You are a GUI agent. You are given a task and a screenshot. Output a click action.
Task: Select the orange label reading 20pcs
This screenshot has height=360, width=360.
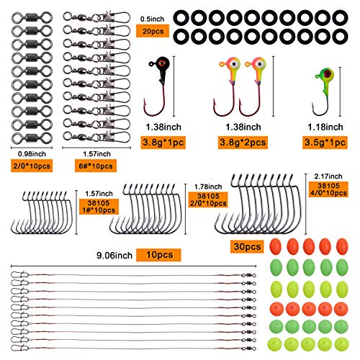point(153,31)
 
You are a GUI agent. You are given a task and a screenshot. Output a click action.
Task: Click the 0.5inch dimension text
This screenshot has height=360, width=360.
point(152,19)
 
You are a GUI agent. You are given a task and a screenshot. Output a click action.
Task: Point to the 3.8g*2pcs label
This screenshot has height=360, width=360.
point(243,143)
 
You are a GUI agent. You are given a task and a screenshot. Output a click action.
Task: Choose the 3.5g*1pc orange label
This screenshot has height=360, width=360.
point(325,143)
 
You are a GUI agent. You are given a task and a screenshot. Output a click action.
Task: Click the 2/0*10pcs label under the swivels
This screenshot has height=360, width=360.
point(32,166)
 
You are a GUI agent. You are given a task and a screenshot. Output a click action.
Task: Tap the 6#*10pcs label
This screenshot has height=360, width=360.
point(96,166)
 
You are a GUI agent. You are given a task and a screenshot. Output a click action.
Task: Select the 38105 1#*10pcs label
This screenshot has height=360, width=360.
point(99,207)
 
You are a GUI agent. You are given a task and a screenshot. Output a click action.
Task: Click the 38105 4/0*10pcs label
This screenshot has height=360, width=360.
point(328,189)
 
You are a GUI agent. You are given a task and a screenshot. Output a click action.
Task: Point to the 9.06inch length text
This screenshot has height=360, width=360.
point(114,256)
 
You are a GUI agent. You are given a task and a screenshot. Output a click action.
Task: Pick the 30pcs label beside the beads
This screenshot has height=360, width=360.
point(247,246)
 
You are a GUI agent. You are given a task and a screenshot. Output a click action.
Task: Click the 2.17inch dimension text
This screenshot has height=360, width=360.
point(328,176)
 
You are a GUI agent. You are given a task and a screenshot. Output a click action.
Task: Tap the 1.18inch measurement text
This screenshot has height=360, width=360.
point(325,127)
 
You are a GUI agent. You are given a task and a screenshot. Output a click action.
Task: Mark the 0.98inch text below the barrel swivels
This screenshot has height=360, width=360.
point(32,154)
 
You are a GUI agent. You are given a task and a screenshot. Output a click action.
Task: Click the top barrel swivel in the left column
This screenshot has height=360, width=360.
point(32,17)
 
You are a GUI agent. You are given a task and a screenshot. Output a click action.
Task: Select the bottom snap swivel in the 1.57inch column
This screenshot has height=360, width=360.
point(96,137)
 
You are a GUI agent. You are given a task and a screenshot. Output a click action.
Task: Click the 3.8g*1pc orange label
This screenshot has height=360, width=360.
point(163,143)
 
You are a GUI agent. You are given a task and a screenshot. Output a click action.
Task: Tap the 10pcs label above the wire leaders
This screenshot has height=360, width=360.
point(158,255)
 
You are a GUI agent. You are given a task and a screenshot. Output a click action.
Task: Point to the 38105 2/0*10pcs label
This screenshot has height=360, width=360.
point(208,199)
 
